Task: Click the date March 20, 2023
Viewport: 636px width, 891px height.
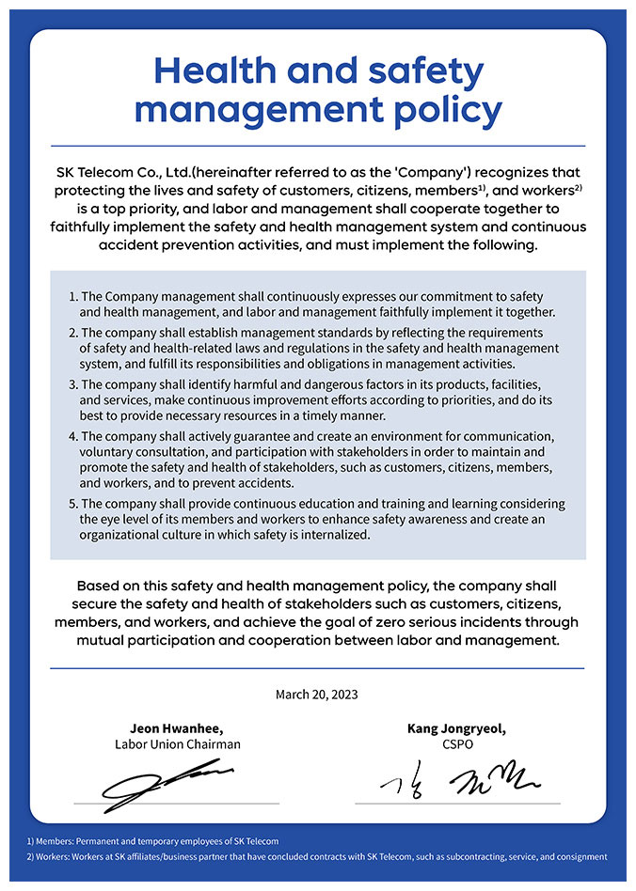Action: pos(317,695)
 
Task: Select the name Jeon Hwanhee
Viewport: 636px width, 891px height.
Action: pos(176,728)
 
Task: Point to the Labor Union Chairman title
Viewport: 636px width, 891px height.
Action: pos(177,744)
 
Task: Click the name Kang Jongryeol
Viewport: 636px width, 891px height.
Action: pos(456,728)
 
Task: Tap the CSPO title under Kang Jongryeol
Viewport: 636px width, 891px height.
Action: pos(457,744)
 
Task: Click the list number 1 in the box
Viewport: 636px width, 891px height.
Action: pos(73,297)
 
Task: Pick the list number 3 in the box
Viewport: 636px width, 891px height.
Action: pos(73,385)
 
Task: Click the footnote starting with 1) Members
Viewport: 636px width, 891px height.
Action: pos(152,840)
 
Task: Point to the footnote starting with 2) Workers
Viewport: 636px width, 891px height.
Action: pos(317,856)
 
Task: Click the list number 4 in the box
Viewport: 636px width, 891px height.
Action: pos(73,436)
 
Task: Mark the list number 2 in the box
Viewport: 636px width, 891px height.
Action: pos(73,334)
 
